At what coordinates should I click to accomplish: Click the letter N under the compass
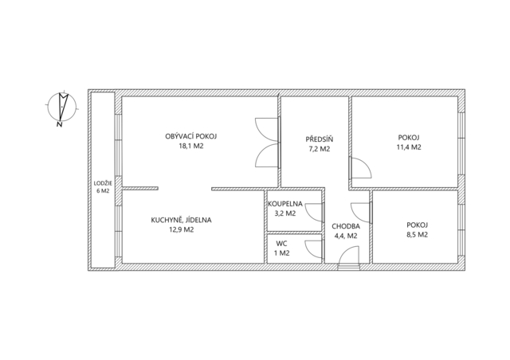pyautogui.click(x=59, y=124)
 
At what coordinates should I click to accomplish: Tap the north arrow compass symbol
pyautogui.click(x=62, y=107)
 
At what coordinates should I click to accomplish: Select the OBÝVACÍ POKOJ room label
pyautogui.click(x=191, y=136)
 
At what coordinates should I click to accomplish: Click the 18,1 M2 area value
pyautogui.click(x=191, y=146)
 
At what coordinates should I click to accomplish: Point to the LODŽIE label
pyautogui.click(x=103, y=183)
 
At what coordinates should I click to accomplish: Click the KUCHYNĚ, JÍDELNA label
pyautogui.click(x=181, y=220)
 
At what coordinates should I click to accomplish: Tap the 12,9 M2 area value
pyautogui.click(x=181, y=229)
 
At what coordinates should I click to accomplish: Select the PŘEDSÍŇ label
pyautogui.click(x=320, y=139)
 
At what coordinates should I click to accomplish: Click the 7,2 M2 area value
pyautogui.click(x=320, y=149)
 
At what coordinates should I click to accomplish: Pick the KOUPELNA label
pyautogui.click(x=285, y=204)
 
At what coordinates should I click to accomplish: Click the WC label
pyautogui.click(x=281, y=243)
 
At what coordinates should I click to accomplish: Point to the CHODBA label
pyautogui.click(x=346, y=226)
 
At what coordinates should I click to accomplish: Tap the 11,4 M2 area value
pyautogui.click(x=409, y=147)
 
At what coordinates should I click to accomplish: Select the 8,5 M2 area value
pyautogui.click(x=418, y=234)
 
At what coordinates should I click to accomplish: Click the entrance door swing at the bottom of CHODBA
pyautogui.click(x=349, y=256)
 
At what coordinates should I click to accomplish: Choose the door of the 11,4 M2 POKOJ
pyautogui.click(x=360, y=168)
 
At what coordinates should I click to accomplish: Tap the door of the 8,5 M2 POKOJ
pyautogui.click(x=361, y=213)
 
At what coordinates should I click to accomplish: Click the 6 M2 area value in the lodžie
pyautogui.click(x=103, y=191)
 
